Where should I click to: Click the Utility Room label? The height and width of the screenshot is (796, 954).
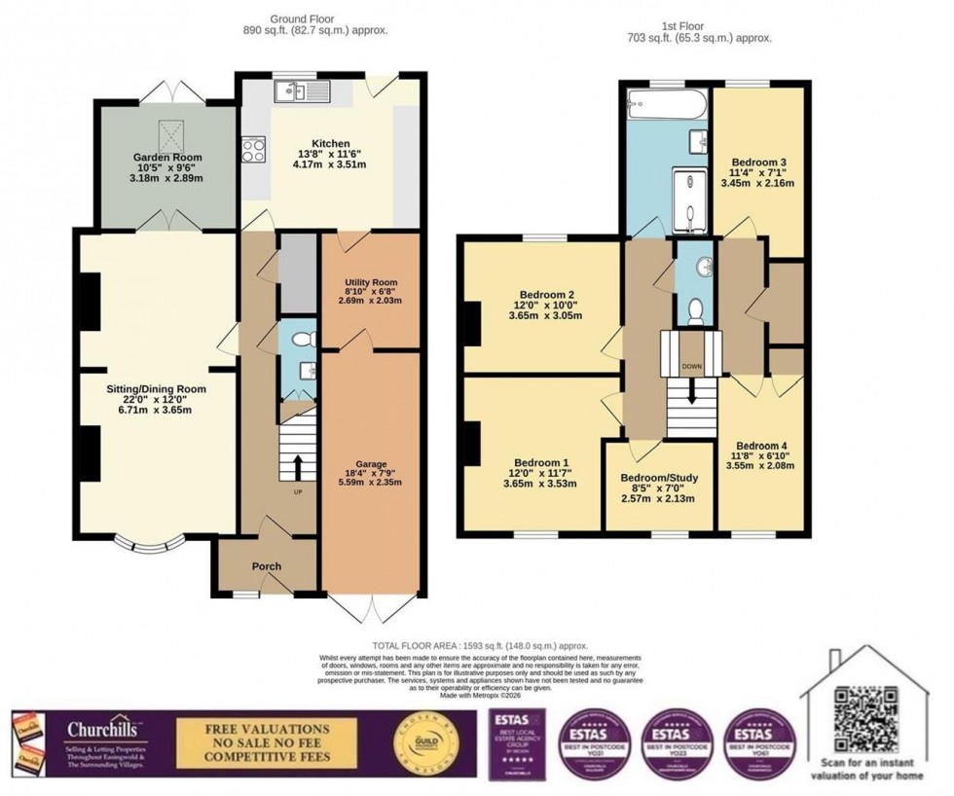(x=370, y=282)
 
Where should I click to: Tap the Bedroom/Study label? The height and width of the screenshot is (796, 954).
(x=659, y=478)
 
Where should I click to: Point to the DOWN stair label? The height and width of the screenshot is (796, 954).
(x=691, y=367)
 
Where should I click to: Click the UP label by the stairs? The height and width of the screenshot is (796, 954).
(x=298, y=491)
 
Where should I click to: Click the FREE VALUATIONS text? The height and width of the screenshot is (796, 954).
(x=266, y=728)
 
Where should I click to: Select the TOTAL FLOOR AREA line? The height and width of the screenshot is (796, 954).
(x=477, y=646)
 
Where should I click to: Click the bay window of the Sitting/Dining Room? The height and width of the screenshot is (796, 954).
(x=147, y=543)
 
